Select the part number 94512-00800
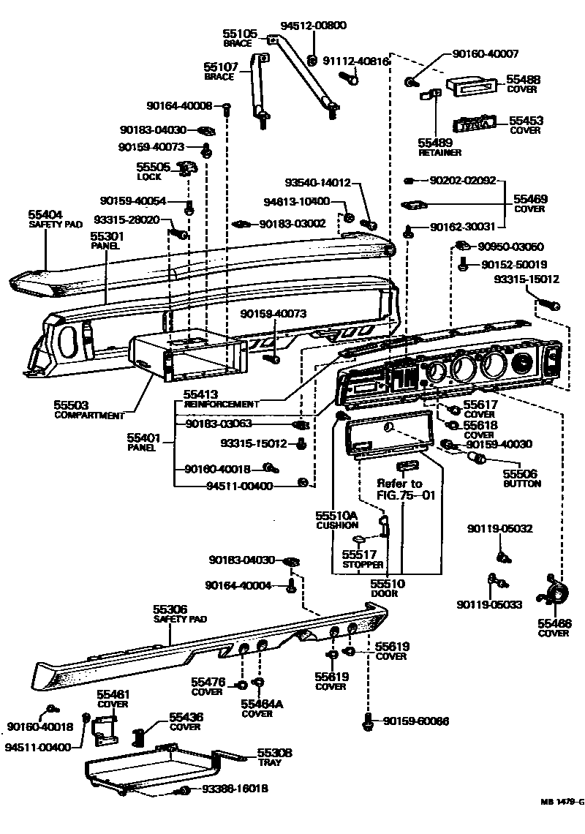pyautogui.click(x=312, y=26)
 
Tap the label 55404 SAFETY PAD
pyautogui.click(x=47, y=218)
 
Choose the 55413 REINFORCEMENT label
pyautogui.click(x=220, y=399)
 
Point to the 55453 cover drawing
pyautogui.click(x=475, y=124)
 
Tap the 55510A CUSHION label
pyautogui.click(x=337, y=520)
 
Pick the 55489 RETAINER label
pyautogui.click(x=439, y=147)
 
